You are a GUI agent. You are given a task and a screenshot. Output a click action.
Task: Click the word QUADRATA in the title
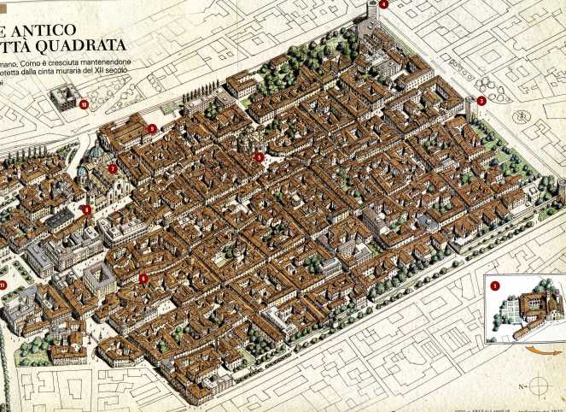point(86,45)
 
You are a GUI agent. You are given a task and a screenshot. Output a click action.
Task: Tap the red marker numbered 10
point(84,105)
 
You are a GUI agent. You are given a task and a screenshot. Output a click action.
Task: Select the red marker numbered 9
point(152,129)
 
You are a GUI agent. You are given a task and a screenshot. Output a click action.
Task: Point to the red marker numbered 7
point(113,168)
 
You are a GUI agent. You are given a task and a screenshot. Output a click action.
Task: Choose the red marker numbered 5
point(260,156)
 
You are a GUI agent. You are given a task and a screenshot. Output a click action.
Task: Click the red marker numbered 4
point(383,5)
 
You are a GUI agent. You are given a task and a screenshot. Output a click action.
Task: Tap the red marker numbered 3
point(481,101)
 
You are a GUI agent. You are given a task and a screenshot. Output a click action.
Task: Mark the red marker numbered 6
point(143,278)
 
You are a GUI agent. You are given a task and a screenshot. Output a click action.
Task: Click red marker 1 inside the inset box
point(495,286)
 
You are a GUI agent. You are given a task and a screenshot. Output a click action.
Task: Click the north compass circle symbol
point(538,382)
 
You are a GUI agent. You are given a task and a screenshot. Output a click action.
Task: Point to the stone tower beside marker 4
point(371,14)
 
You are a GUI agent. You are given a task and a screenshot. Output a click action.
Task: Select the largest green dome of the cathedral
point(96,156)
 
